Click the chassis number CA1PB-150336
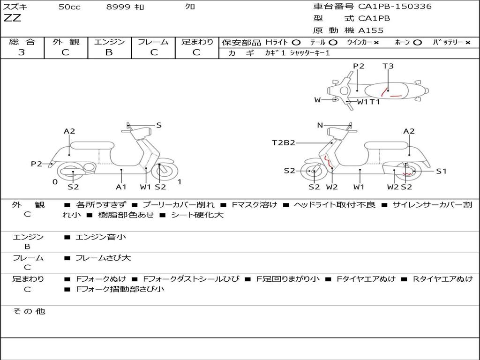[395, 7]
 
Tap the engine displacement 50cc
[69, 7]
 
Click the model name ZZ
[13, 19]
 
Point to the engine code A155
[371, 30]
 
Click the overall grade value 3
[22, 52]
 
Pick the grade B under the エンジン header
[109, 52]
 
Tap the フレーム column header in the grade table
[153, 42]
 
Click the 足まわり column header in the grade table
[197, 42]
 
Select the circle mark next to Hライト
[296, 42]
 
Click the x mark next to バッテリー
[467, 42]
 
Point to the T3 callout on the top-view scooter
[388, 66]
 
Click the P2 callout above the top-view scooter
[359, 66]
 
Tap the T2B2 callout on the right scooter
[284, 142]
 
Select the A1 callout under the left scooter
[121, 187]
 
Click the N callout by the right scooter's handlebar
[320, 125]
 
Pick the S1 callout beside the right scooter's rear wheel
[441, 171]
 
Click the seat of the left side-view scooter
[92, 145]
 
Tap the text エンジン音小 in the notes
[101, 237]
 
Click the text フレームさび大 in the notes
[103, 258]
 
